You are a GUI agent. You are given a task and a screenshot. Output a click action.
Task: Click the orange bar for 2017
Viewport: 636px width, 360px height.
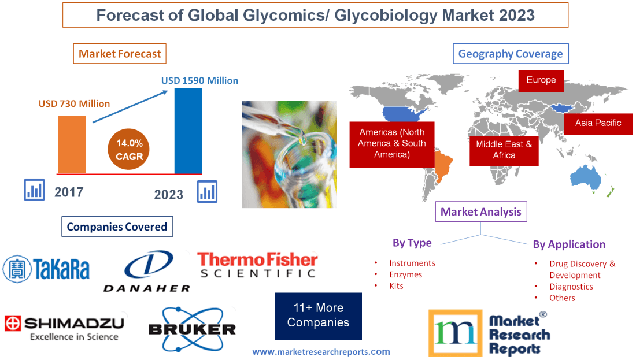click(72, 144)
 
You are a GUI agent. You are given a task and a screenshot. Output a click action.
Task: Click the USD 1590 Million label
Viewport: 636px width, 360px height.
click(199, 81)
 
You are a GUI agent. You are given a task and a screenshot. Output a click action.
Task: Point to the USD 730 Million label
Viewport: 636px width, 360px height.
click(74, 104)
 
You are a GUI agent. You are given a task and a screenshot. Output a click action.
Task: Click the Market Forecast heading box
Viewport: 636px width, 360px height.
click(120, 54)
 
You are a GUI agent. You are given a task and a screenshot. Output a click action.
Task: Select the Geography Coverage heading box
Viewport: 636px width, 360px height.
click(511, 54)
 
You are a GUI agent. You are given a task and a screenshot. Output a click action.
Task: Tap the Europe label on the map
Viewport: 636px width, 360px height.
click(541, 80)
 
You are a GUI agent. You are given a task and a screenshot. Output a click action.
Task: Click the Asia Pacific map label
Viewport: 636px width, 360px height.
click(598, 123)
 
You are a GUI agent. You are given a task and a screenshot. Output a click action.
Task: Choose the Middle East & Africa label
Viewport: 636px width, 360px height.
click(504, 150)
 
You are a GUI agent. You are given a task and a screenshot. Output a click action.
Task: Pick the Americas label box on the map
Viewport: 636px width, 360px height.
click(391, 143)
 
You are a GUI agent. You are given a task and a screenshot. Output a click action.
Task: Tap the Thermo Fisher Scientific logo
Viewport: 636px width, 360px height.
click(257, 265)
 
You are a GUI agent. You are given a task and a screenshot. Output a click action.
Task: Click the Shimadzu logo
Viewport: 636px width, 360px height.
click(64, 327)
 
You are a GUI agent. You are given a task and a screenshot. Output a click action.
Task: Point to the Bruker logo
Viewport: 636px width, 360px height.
click(192, 329)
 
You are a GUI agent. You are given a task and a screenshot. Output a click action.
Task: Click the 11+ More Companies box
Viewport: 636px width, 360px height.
click(318, 316)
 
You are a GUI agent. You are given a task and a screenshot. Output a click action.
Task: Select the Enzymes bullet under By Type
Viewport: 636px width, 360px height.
click(405, 274)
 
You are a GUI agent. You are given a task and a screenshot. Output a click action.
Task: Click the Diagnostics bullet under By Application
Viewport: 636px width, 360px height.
click(571, 287)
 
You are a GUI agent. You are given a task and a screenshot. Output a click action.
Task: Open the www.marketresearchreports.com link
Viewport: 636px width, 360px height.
click(321, 351)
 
